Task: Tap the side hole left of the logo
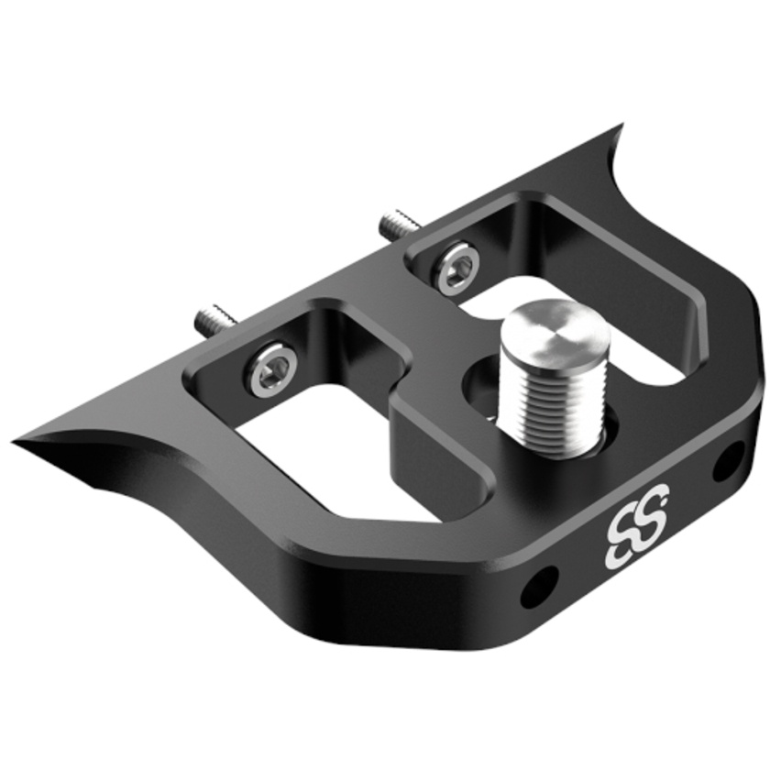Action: pos(539,586)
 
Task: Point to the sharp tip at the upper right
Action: pos(620,132)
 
